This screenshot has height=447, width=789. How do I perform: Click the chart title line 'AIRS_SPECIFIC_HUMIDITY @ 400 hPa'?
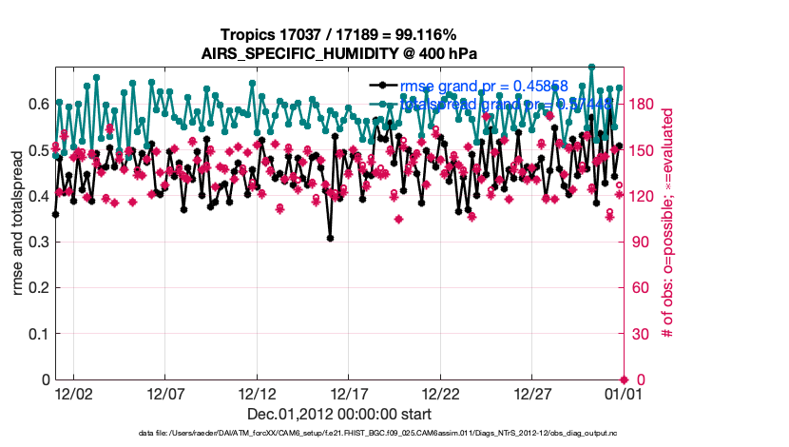coord(340,53)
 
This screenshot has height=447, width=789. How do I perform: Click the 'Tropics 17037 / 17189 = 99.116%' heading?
coord(340,35)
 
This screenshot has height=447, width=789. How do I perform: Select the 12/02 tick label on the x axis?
coord(73,393)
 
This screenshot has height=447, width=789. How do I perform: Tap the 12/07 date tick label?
coord(164,393)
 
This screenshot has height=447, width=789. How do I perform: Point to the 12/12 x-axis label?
coord(257,393)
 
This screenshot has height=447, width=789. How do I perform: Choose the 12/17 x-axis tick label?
coord(349,393)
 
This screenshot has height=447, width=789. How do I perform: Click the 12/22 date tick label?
coord(441,393)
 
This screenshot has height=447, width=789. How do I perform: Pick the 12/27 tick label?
coord(532,393)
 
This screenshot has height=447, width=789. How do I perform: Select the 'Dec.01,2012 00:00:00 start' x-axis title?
coord(339,414)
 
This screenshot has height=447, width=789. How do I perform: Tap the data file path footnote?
coord(338,434)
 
